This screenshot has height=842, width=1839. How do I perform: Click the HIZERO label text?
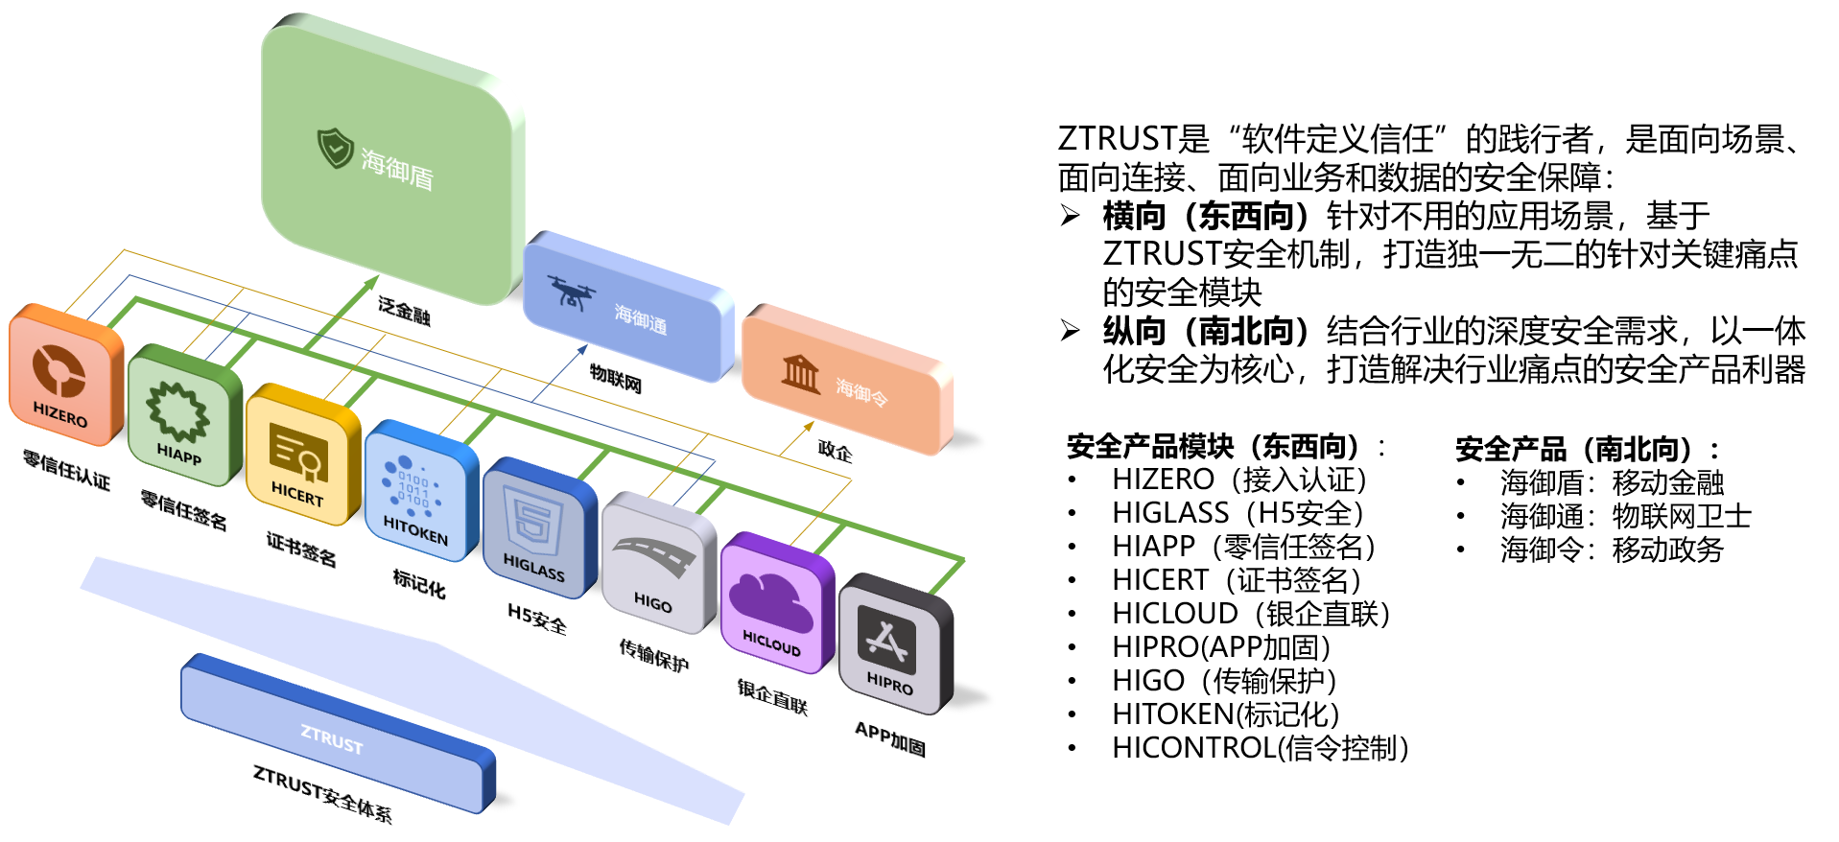point(59,414)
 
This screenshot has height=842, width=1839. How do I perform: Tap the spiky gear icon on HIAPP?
point(177,411)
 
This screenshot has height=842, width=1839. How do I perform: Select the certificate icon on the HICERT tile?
point(298,453)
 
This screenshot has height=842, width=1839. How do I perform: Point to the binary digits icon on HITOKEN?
point(413,487)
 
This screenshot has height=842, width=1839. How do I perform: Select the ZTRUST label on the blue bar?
point(332,738)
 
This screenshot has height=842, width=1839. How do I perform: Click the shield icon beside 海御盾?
point(335,148)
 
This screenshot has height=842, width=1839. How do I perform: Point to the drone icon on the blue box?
point(572,292)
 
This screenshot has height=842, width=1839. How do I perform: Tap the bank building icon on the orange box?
point(800,373)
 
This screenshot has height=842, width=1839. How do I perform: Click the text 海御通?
point(640,318)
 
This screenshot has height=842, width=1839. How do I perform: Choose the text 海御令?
point(861,391)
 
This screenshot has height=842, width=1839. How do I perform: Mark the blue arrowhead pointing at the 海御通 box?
point(583,349)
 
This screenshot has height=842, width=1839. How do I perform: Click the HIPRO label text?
point(889,684)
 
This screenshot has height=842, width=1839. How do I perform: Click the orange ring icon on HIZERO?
point(59,371)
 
